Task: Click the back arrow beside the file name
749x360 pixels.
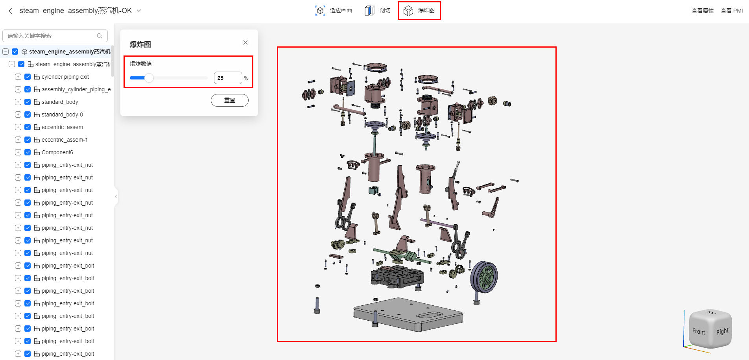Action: click(10, 11)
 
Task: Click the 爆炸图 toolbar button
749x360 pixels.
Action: click(419, 11)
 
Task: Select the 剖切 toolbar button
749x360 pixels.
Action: click(378, 11)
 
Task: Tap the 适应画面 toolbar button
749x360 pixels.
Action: click(334, 11)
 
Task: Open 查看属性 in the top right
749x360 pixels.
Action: click(703, 11)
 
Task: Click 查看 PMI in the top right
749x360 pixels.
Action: click(732, 11)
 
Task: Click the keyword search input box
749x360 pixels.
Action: click(55, 36)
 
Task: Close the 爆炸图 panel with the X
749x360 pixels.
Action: click(245, 42)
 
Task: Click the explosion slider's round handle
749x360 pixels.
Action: click(149, 78)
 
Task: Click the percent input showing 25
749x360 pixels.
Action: click(228, 78)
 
